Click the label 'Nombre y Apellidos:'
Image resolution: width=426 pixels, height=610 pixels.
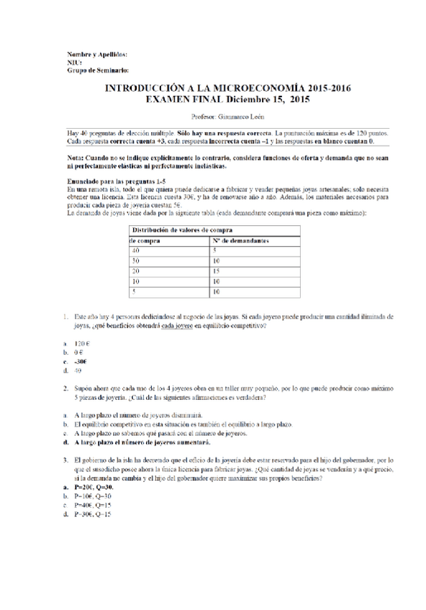pyautogui.click(x=96, y=55)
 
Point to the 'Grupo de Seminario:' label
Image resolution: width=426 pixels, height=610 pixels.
pyautogui.click(x=97, y=70)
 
